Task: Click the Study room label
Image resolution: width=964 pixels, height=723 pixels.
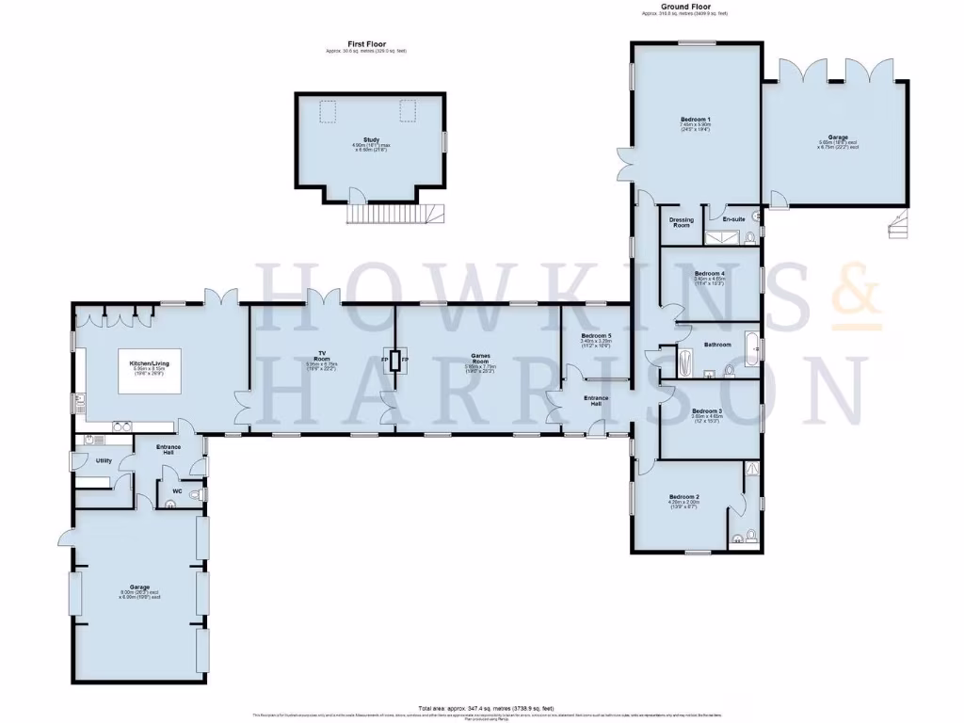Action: coord(372,140)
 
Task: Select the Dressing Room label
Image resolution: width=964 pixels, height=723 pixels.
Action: coord(680,222)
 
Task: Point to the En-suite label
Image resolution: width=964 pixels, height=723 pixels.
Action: coord(734,218)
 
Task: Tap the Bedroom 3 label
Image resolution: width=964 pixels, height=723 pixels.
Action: coord(707,411)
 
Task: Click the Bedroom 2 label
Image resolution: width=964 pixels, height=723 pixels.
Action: coord(684,496)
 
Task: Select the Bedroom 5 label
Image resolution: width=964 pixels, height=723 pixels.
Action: coord(596,336)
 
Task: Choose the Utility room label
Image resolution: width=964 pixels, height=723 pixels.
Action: coord(104,460)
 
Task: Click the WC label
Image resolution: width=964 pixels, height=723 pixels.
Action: coord(177,490)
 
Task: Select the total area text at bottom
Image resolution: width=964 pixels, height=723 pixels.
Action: coord(486,708)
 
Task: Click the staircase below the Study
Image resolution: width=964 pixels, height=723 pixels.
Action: coord(387,215)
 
